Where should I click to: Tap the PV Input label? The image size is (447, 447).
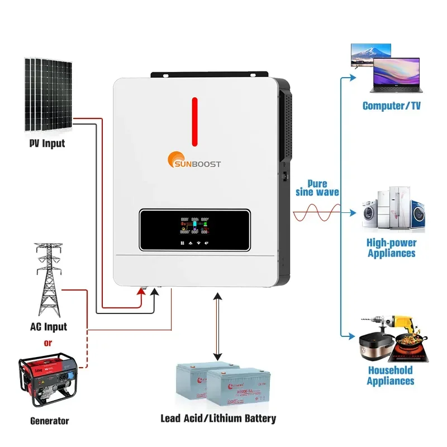click(x=47, y=143)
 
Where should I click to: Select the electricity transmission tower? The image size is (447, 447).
click(x=47, y=279)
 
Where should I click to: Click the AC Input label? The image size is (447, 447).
click(x=48, y=327)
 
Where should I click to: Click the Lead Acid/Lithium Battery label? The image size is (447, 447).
click(x=218, y=418)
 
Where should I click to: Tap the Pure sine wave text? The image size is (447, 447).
click(x=317, y=188)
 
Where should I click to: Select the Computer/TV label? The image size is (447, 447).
click(x=391, y=106)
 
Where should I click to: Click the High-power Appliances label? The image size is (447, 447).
click(x=391, y=248)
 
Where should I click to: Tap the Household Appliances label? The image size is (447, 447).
click(x=391, y=375)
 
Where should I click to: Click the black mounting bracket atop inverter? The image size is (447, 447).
click(x=209, y=73)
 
